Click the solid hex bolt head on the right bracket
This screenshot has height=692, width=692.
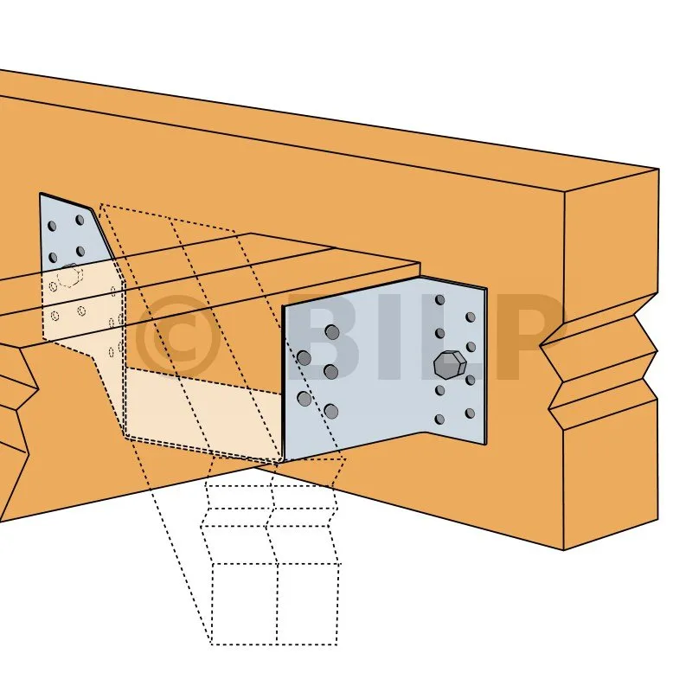tap(450, 365)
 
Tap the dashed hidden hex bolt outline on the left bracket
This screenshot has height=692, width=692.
tap(68, 274)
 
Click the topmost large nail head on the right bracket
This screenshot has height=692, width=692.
tap(332, 332)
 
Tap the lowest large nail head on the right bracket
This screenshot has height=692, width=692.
tap(331, 412)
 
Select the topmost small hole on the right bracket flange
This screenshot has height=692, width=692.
tap(439, 300)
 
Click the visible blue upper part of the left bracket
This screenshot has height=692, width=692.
tap(71, 234)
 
